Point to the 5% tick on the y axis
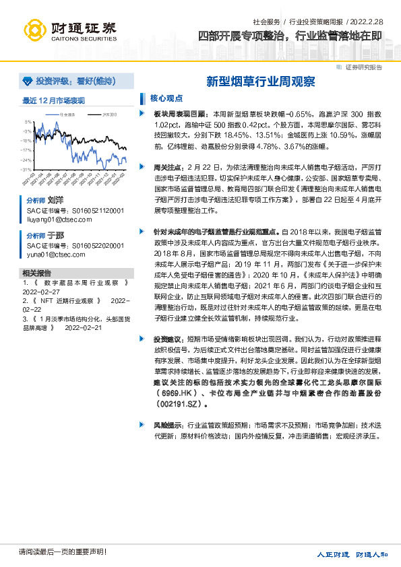[28, 122]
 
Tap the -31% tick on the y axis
[26, 170]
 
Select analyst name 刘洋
[55, 201]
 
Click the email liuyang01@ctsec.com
[54, 219]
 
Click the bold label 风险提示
[167, 426]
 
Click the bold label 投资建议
[167, 339]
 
